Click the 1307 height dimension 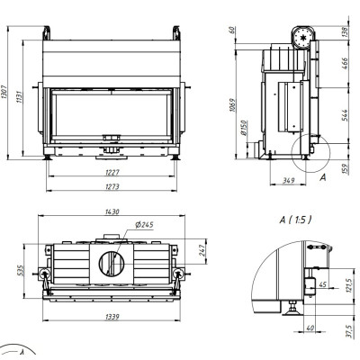tap(4, 93)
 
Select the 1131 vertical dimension tap(19, 96)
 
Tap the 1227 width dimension tap(112, 173)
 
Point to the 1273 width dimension tap(112, 186)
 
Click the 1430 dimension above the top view tap(112, 211)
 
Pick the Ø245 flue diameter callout tap(144, 224)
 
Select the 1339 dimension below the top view tap(112, 317)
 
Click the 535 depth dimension tap(20, 271)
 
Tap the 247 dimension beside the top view tap(202, 251)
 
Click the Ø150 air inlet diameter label tap(244, 128)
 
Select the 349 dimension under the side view tap(288, 181)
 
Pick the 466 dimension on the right tap(346, 64)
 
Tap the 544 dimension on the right tap(346, 115)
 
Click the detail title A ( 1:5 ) tap(295, 220)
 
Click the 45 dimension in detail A tap(323, 284)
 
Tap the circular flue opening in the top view tap(112, 264)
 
